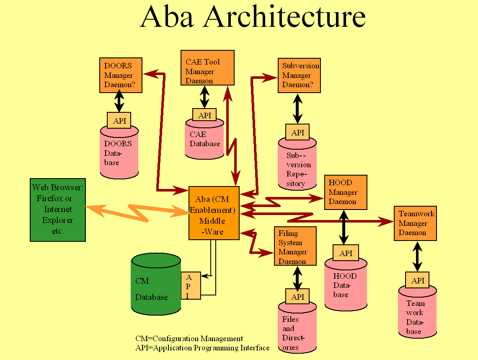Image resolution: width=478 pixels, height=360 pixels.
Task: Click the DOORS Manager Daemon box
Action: tap(121, 75)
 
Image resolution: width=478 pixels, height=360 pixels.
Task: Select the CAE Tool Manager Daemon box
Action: tap(207, 67)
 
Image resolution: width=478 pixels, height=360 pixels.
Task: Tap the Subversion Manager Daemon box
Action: tap(299, 75)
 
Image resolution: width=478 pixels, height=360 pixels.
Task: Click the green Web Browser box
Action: tap(58, 210)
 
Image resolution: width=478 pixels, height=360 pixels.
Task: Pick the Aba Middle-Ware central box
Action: tap(214, 213)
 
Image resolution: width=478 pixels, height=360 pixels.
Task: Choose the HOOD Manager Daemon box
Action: tap(346, 192)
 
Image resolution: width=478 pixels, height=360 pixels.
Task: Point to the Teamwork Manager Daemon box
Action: tap(415, 223)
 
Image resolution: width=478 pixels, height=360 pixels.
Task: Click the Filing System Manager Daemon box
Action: tap(295, 246)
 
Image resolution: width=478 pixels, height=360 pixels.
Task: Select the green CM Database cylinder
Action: tap(155, 289)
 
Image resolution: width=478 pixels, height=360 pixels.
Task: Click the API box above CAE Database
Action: tap(204, 114)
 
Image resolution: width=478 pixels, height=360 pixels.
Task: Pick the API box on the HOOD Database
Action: tap(346, 253)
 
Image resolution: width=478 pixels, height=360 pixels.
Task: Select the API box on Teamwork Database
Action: tap(417, 280)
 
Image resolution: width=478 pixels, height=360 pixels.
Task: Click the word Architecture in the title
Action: tap(285, 17)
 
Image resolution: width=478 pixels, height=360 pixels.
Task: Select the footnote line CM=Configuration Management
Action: tap(189, 339)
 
